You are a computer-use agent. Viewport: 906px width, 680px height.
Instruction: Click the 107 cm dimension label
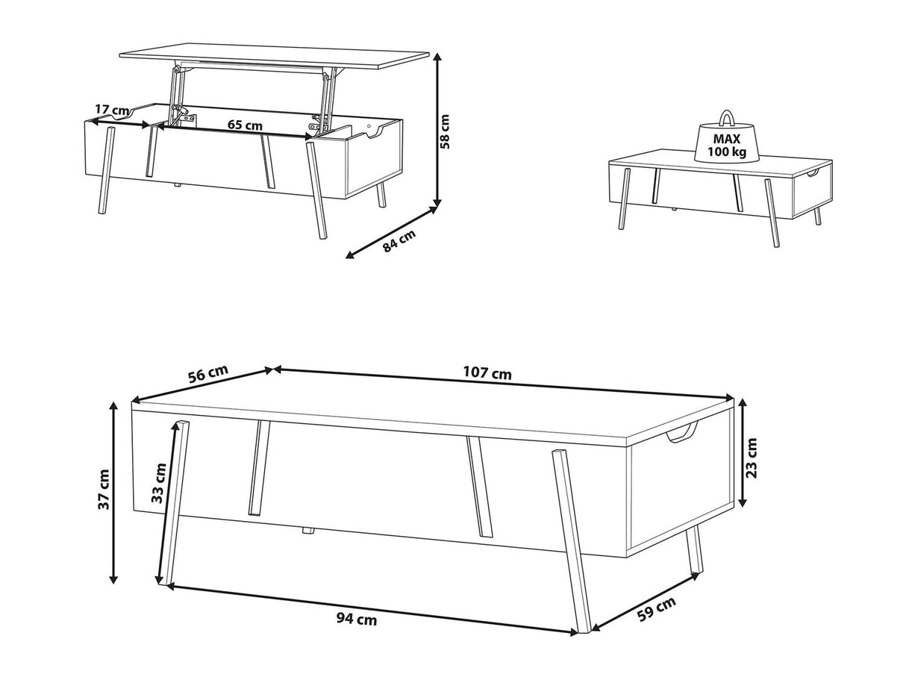point(487,373)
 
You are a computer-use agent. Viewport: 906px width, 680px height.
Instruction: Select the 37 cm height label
point(104,490)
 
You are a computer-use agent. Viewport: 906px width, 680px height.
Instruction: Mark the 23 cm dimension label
point(752,458)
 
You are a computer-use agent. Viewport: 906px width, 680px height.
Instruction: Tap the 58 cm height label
point(445,131)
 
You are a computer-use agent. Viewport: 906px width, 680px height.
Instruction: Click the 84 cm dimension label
point(399,240)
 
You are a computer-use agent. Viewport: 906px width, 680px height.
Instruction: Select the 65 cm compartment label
point(245,125)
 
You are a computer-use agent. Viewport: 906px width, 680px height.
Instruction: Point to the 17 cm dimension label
point(111,110)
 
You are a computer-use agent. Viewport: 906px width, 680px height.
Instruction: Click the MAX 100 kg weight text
point(727,146)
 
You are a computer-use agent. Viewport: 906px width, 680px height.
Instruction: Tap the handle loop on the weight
point(727,118)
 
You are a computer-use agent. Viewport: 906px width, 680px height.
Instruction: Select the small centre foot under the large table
point(306,531)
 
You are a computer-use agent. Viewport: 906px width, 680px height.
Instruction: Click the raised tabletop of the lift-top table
point(274,57)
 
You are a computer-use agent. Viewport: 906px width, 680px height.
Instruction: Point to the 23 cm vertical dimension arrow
point(742,452)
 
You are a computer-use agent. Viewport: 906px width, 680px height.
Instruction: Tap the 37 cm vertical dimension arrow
point(114,493)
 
